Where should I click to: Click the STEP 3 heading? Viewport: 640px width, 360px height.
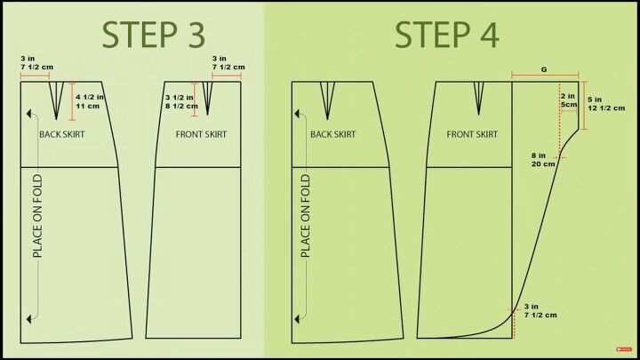click(x=153, y=35)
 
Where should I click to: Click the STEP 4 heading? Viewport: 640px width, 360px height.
click(x=447, y=35)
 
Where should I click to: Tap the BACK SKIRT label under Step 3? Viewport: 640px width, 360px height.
click(x=62, y=134)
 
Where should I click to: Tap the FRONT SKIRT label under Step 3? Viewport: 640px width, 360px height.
click(x=201, y=134)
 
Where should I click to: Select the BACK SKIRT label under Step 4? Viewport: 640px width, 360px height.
click(x=333, y=134)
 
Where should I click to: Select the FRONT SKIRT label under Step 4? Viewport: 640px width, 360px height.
click(x=472, y=134)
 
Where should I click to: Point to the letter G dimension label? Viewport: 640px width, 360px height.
click(x=544, y=70)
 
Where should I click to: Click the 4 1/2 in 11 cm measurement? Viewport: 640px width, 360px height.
click(x=90, y=101)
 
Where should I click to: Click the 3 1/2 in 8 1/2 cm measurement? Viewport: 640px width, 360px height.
click(x=181, y=102)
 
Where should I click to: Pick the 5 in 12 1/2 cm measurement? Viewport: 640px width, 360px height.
click(x=606, y=104)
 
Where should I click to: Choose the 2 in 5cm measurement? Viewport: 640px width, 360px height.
click(x=569, y=100)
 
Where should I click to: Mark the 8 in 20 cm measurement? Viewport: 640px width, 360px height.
click(x=543, y=160)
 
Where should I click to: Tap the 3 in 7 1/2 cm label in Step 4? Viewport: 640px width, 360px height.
click(x=540, y=310)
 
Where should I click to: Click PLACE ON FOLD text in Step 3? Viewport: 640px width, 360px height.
click(x=37, y=216)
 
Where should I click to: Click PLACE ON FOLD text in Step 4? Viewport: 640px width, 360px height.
click(x=305, y=216)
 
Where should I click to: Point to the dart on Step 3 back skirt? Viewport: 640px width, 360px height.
click(x=56, y=100)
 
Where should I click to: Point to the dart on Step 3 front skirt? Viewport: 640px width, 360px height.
click(x=208, y=98)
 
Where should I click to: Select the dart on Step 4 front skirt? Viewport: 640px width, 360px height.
click(x=479, y=98)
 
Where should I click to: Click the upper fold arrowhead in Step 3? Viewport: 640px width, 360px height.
click(x=29, y=114)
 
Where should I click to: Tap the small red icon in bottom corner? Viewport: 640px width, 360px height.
click(x=624, y=349)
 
